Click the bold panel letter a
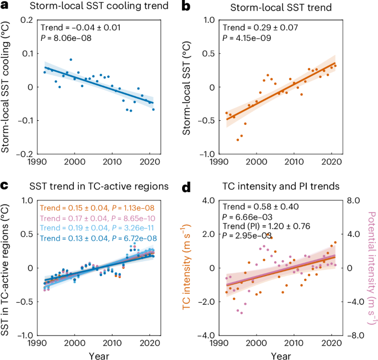[x=4, y=7]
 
